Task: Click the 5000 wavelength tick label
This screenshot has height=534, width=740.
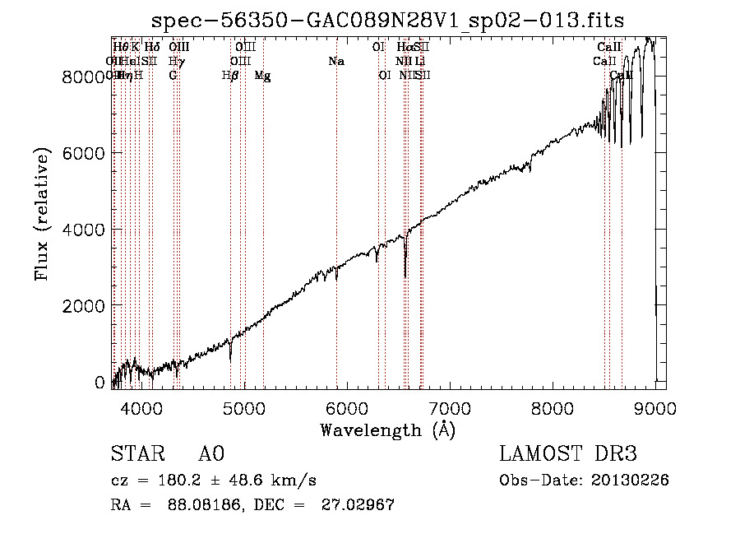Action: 243,406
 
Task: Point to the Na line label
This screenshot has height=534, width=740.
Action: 336,61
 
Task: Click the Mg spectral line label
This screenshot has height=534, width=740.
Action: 263,76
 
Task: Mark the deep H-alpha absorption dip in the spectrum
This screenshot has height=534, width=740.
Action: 405,270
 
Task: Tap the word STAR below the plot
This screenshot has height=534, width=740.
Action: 136,454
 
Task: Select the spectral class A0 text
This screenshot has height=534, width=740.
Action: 211,454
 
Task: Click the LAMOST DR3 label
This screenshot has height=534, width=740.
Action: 567,454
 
